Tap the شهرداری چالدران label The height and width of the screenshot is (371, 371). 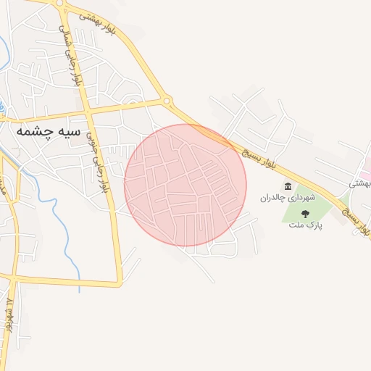[x=289, y=197]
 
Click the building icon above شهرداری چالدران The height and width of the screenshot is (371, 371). [x=288, y=186]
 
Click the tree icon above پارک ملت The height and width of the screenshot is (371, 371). [x=305, y=214]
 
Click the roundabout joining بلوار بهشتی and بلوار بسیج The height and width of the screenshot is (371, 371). [x=167, y=101]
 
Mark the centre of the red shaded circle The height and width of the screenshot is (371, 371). [x=185, y=185]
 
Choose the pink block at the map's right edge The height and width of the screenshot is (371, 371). [x=367, y=172]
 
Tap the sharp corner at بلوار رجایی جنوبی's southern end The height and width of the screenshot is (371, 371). [x=120, y=283]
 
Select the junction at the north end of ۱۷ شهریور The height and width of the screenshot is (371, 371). [x=12, y=276]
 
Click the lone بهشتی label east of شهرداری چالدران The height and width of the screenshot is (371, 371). [x=359, y=183]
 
